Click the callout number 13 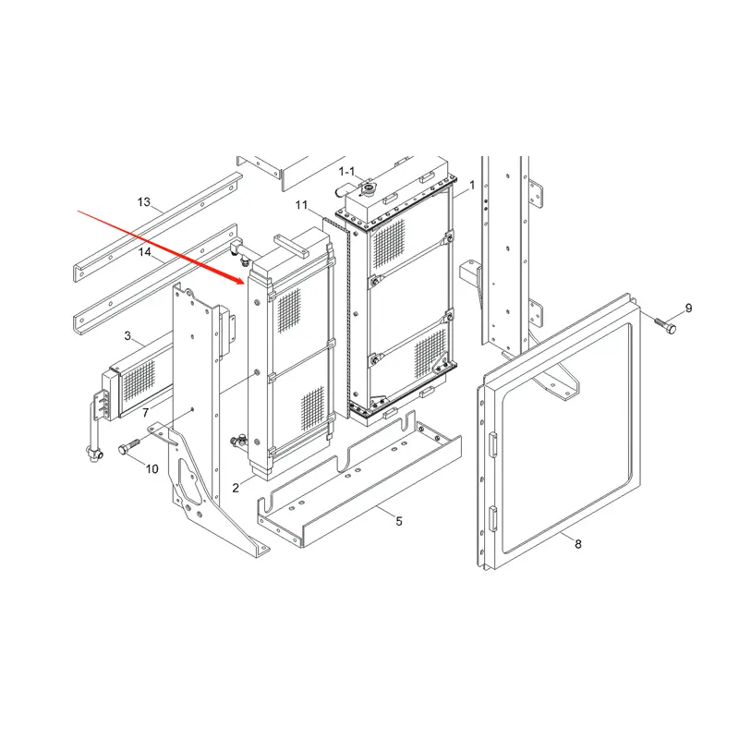144,202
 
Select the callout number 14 145,252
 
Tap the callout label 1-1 346,172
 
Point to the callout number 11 301,205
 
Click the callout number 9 688,309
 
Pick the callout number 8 578,544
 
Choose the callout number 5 399,521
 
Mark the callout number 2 236,488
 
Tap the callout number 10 151,469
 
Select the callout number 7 146,413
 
